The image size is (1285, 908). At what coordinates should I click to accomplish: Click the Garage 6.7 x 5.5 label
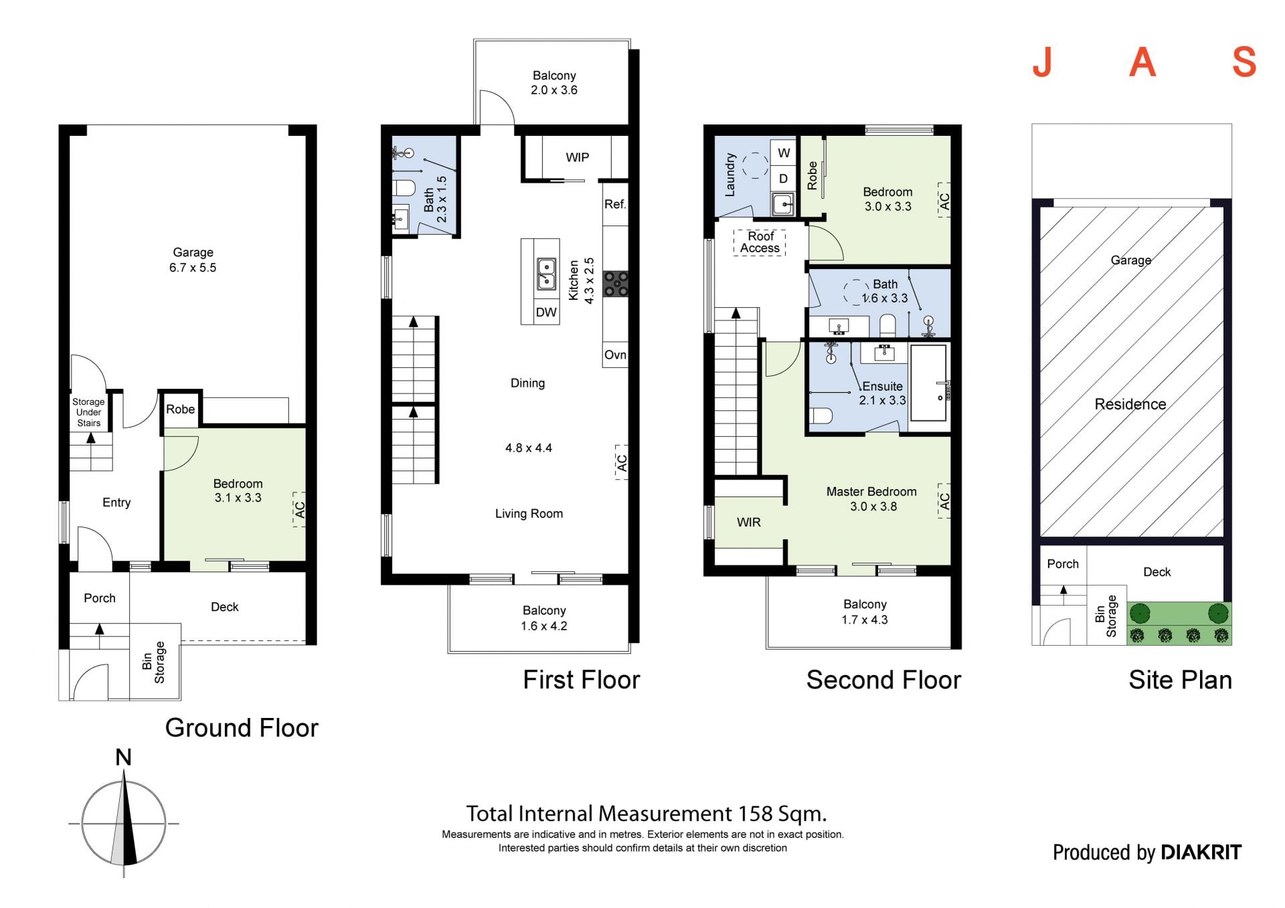[x=193, y=260]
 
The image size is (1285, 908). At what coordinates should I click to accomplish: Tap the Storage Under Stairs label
[x=88, y=412]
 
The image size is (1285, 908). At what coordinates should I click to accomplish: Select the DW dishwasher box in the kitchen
[x=546, y=312]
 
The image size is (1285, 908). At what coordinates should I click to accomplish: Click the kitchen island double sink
[x=546, y=274]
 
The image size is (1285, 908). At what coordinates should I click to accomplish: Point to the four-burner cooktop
[x=616, y=284]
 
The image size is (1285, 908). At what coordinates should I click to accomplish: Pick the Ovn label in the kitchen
[x=615, y=355]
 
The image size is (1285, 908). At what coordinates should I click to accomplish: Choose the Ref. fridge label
[x=615, y=204]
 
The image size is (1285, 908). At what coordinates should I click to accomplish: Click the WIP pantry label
[x=577, y=157]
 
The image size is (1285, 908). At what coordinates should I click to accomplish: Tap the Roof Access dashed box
[x=760, y=242]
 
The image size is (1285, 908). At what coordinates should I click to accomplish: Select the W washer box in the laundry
[x=783, y=153]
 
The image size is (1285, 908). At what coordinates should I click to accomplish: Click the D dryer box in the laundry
[x=783, y=179]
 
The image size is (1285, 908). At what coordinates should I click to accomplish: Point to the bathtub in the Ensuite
[x=929, y=383]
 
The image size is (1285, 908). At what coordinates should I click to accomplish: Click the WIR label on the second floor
[x=748, y=523]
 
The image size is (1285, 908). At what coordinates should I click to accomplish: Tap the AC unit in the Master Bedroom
[x=944, y=501]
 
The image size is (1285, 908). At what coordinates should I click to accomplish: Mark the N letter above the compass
[x=123, y=757]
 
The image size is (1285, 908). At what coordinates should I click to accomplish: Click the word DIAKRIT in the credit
[x=1201, y=852]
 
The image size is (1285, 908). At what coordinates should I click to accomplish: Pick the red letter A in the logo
[x=1142, y=62]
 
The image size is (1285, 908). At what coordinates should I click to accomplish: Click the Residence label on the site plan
[x=1130, y=404]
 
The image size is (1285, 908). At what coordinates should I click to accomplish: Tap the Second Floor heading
[x=883, y=680]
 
